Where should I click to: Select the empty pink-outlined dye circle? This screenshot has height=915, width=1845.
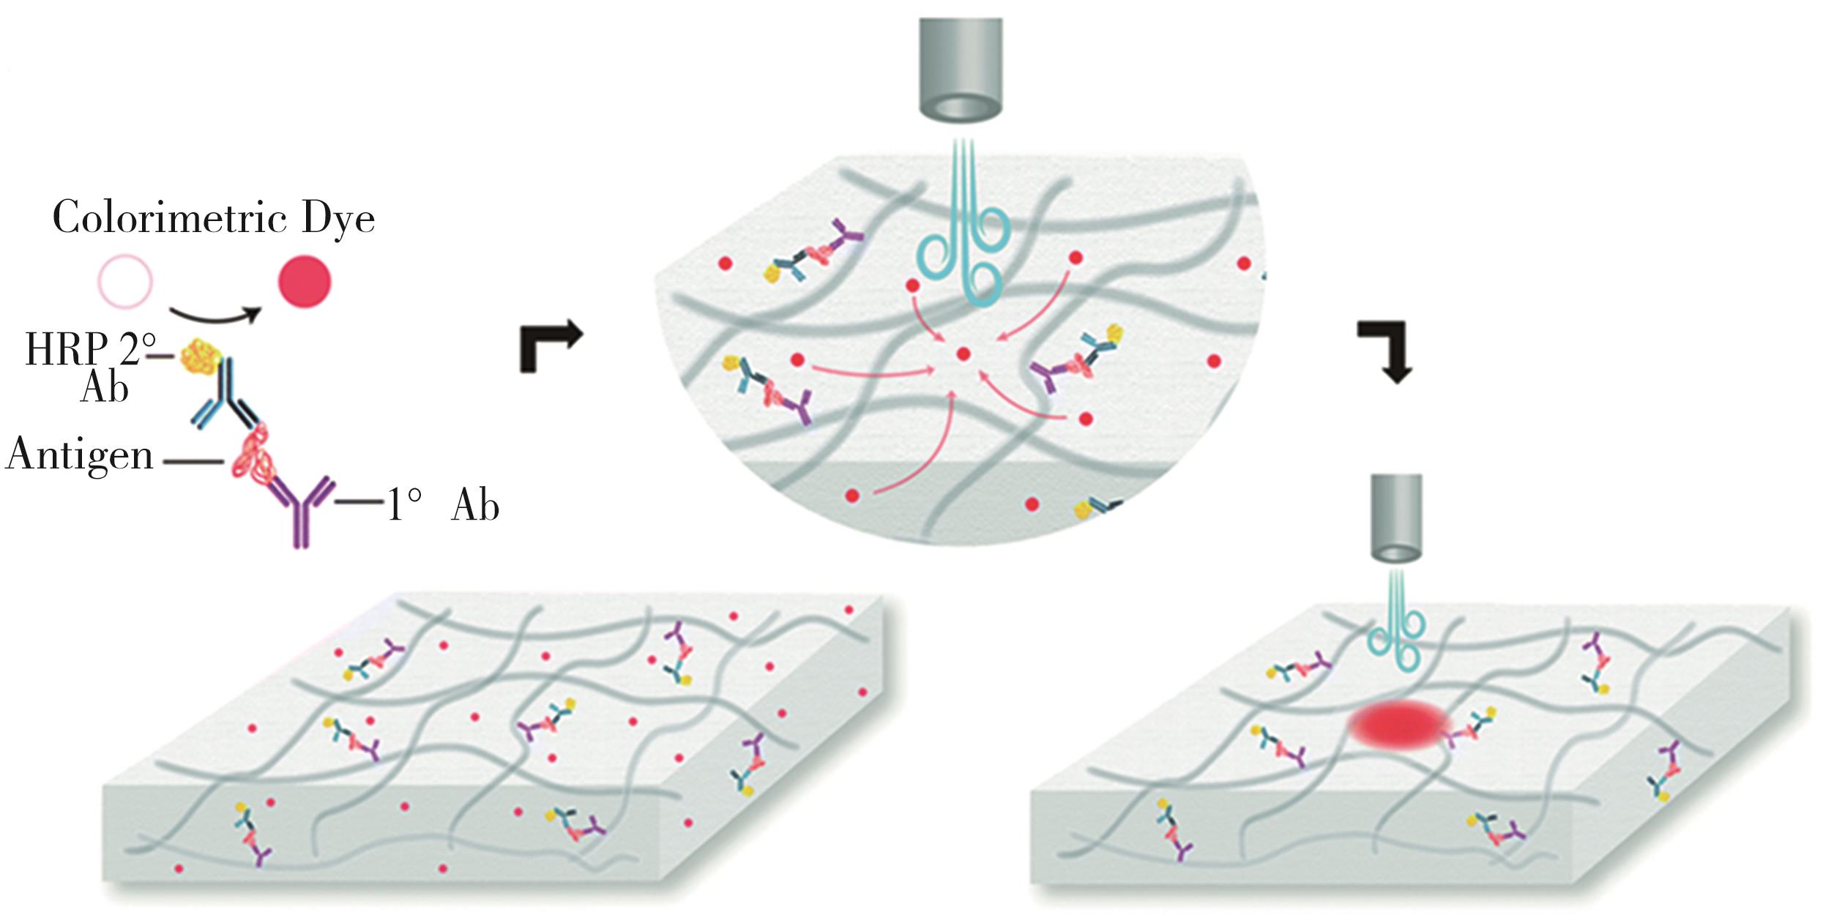point(124,281)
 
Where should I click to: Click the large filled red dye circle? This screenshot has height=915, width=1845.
point(304,281)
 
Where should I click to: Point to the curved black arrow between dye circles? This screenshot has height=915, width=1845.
point(216,316)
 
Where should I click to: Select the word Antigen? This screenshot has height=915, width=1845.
point(79,455)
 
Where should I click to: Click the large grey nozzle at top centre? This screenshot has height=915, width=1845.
point(961,70)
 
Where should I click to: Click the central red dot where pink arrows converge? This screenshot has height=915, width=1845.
point(963,354)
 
